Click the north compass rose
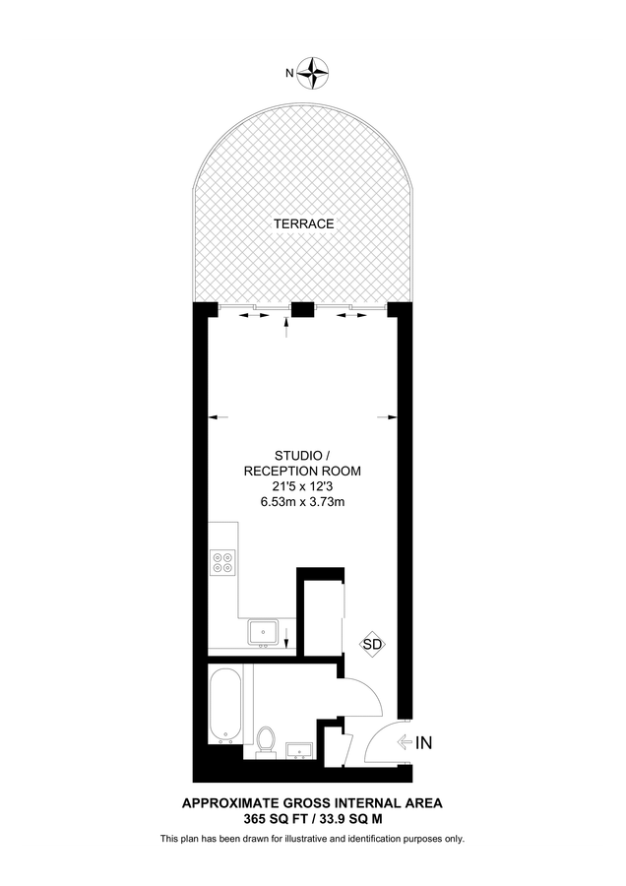(x=313, y=70)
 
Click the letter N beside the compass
(x=289, y=72)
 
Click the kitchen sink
(x=263, y=630)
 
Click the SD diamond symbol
(x=372, y=645)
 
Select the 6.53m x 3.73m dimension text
(x=302, y=502)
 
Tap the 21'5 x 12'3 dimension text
(x=302, y=486)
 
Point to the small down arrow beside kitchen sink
(x=285, y=642)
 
